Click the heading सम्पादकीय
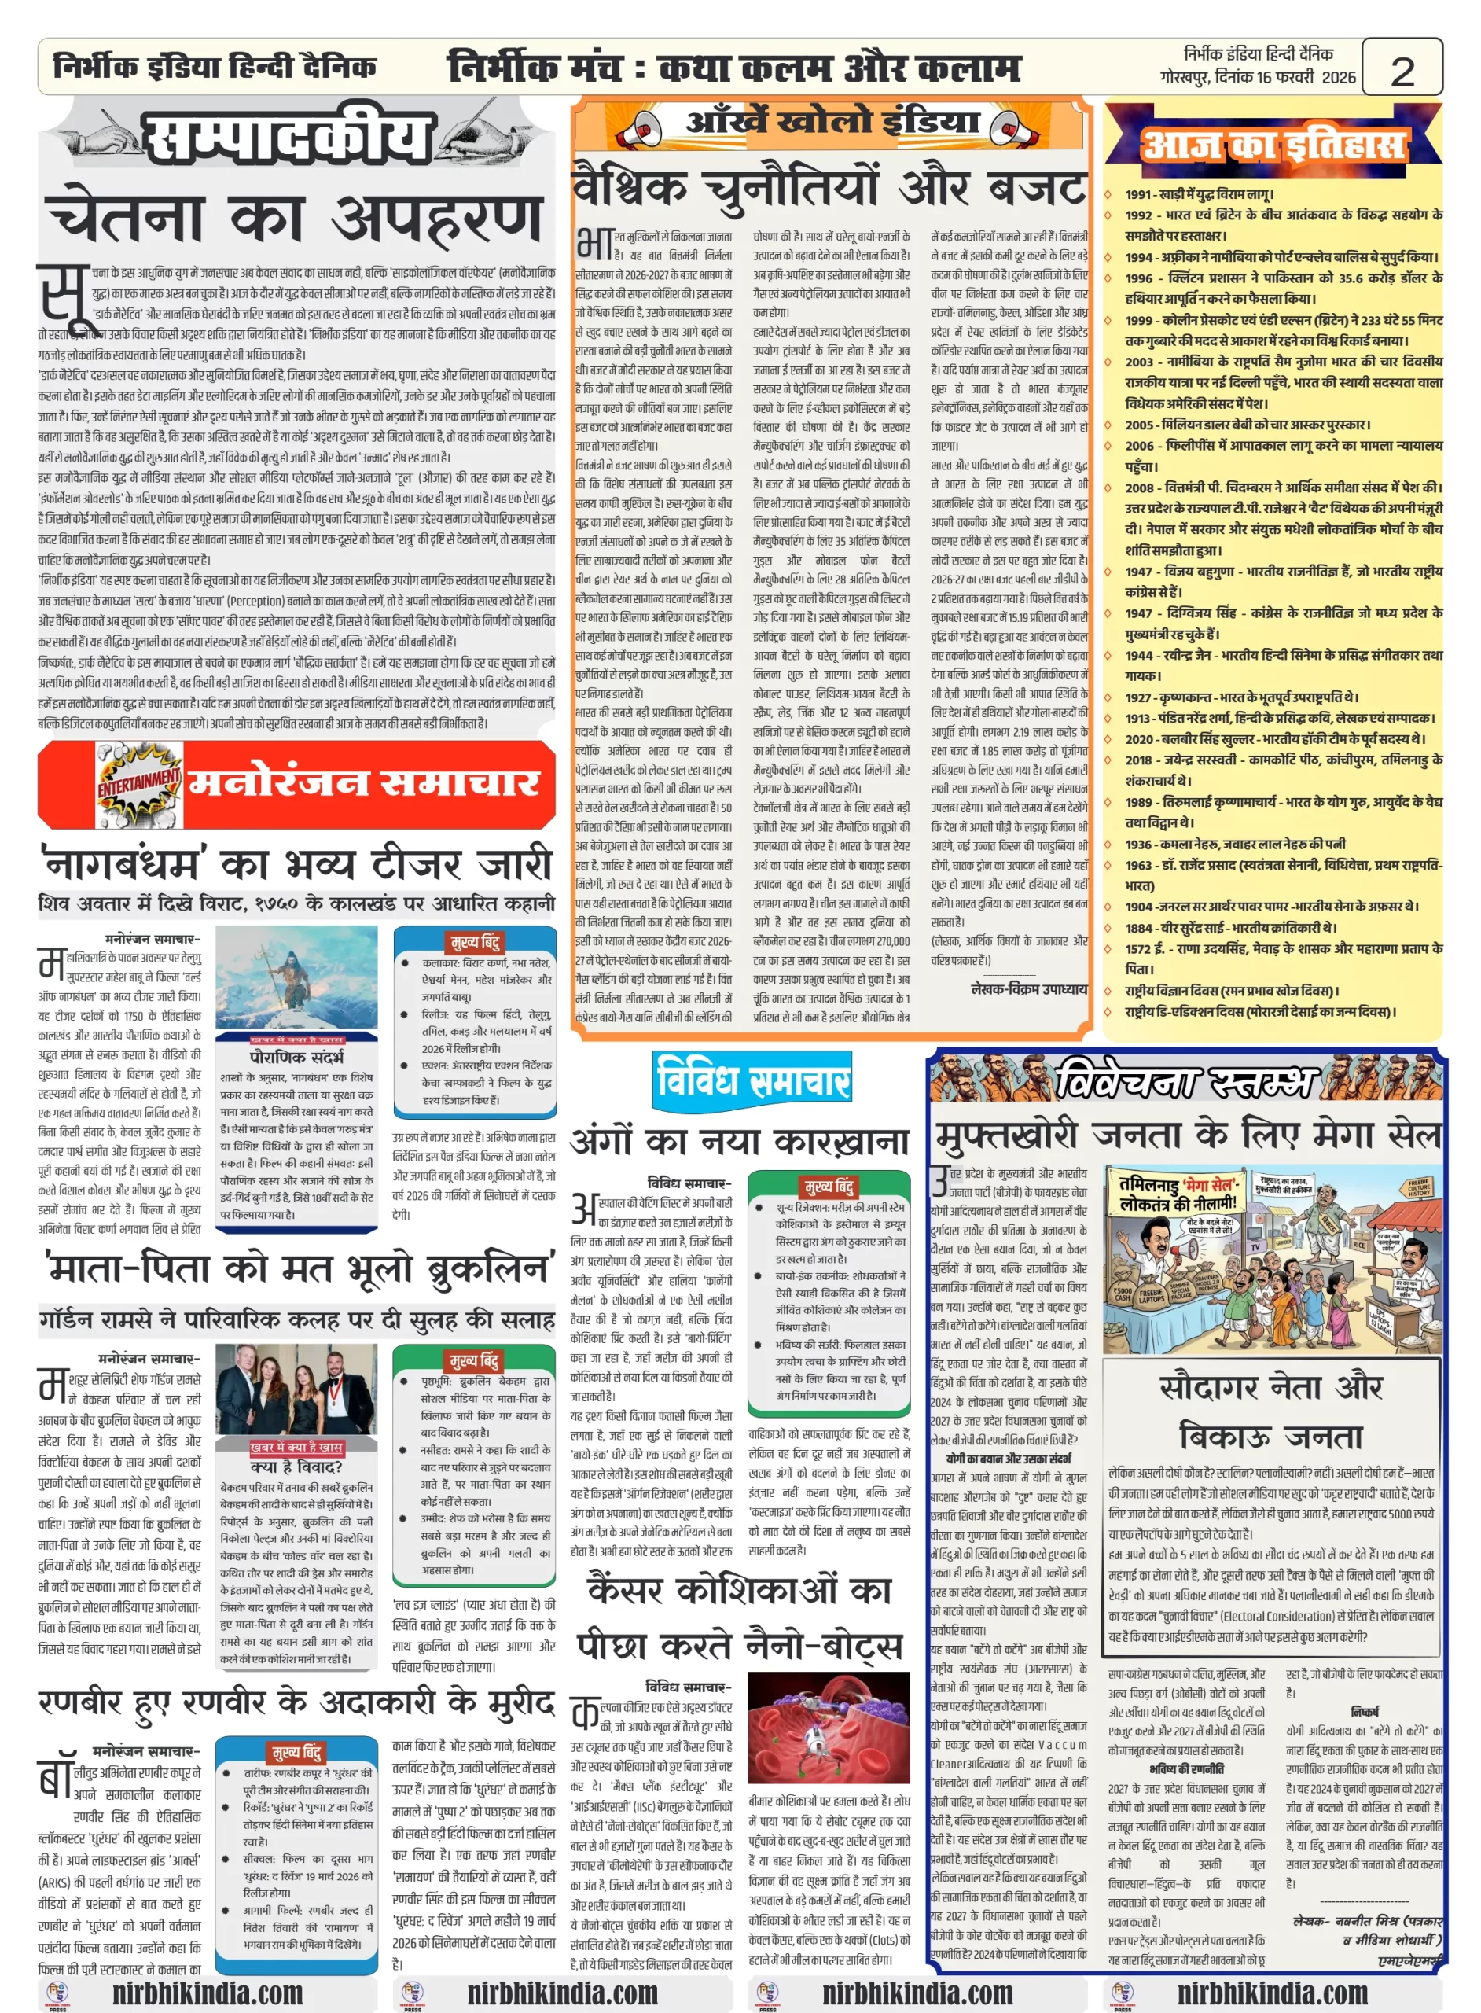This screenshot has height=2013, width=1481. pos(288,137)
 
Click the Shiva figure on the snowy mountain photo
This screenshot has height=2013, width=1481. pos(296,983)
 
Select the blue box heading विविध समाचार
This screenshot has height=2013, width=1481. pos(752,1080)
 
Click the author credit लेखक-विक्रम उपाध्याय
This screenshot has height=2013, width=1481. pos(1028,989)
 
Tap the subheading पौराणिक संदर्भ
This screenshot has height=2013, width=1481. pos(296,1057)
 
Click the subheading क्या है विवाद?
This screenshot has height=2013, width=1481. pos(296,1468)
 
